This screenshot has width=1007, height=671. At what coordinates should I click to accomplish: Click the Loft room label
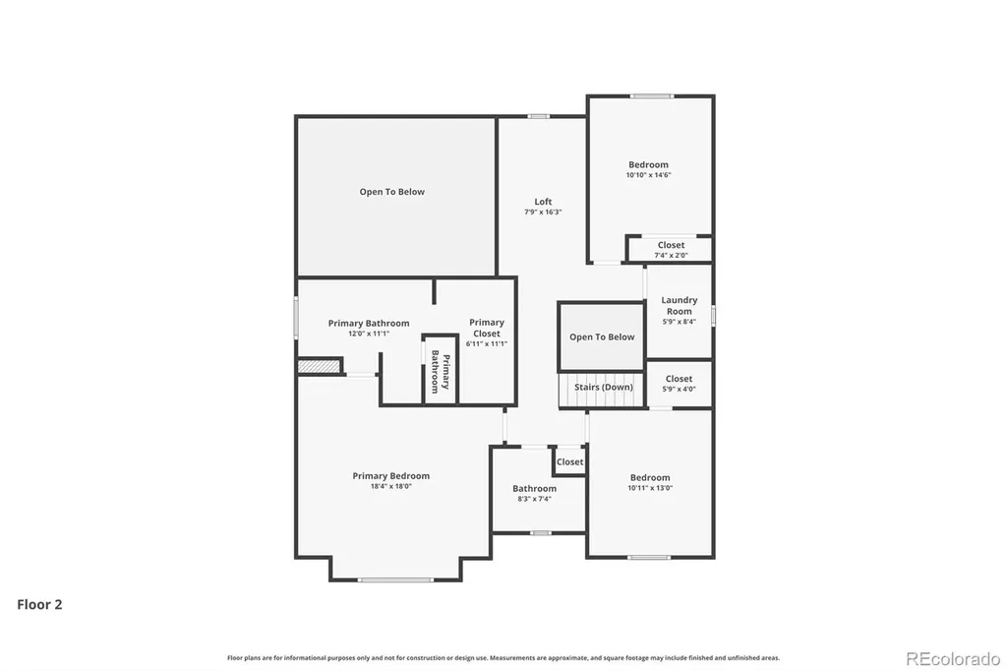click(x=543, y=202)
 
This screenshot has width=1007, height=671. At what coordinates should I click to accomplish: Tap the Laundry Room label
click(x=679, y=305)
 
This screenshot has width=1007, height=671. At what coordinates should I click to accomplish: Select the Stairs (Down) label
click(x=603, y=387)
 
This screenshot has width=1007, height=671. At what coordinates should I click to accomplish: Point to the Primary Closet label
click(x=486, y=328)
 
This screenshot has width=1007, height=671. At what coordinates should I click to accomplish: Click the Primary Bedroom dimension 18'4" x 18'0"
click(x=391, y=487)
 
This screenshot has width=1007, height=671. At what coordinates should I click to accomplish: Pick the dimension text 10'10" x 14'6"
click(x=649, y=175)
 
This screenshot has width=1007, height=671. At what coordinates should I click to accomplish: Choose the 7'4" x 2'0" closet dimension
click(x=671, y=255)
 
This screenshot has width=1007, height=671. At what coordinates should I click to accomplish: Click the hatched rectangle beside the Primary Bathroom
click(x=319, y=366)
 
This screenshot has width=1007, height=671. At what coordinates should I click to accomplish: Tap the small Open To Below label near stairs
click(x=602, y=336)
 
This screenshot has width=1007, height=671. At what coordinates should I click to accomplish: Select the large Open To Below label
click(x=391, y=192)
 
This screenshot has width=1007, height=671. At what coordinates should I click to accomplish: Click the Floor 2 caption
click(x=39, y=604)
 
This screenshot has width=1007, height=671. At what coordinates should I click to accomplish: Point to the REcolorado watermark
click(x=953, y=658)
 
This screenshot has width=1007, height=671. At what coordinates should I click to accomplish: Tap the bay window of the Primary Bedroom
click(x=395, y=579)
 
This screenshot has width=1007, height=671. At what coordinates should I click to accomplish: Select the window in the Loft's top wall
click(x=539, y=116)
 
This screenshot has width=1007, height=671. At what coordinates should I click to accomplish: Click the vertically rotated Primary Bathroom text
click(x=440, y=372)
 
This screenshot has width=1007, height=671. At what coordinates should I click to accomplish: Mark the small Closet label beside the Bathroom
click(x=569, y=462)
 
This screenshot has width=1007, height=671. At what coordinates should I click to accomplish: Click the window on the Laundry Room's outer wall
click(x=713, y=316)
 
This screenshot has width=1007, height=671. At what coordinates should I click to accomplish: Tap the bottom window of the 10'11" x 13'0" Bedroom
click(x=649, y=557)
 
